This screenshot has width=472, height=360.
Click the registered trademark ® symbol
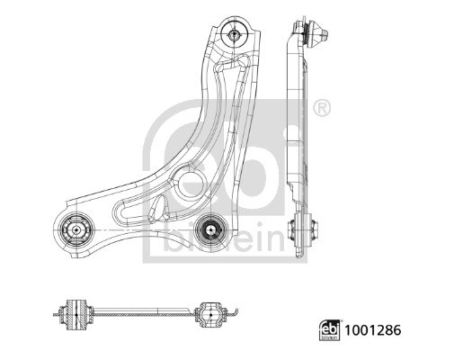pyautogui.click(x=322, y=108)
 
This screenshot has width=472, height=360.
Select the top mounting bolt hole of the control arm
pyautogui.click(x=235, y=35)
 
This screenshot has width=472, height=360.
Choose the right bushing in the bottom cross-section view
pyautogui.click(x=211, y=314)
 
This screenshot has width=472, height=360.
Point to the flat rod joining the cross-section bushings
pyautogui.click(x=144, y=314)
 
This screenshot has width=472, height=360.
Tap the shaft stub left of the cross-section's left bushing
pyautogui.click(x=59, y=313)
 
